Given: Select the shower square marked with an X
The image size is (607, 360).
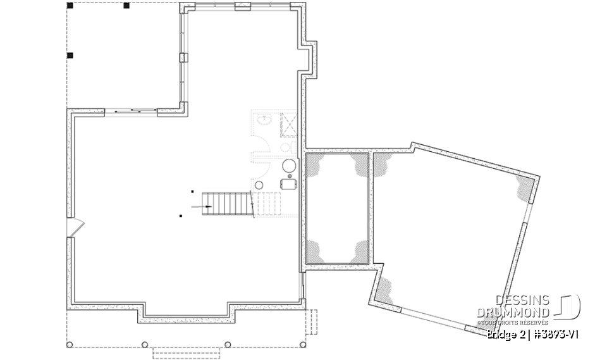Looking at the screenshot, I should (x=289, y=124).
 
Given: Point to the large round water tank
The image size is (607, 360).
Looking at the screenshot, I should (x=288, y=166).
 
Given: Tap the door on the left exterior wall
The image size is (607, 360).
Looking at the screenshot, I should (x=75, y=227).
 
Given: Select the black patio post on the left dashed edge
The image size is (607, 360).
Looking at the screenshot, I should (x=70, y=56).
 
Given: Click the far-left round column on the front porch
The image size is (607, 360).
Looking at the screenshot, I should (x=69, y=345).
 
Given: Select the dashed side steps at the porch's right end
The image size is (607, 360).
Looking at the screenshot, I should (x=311, y=323).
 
